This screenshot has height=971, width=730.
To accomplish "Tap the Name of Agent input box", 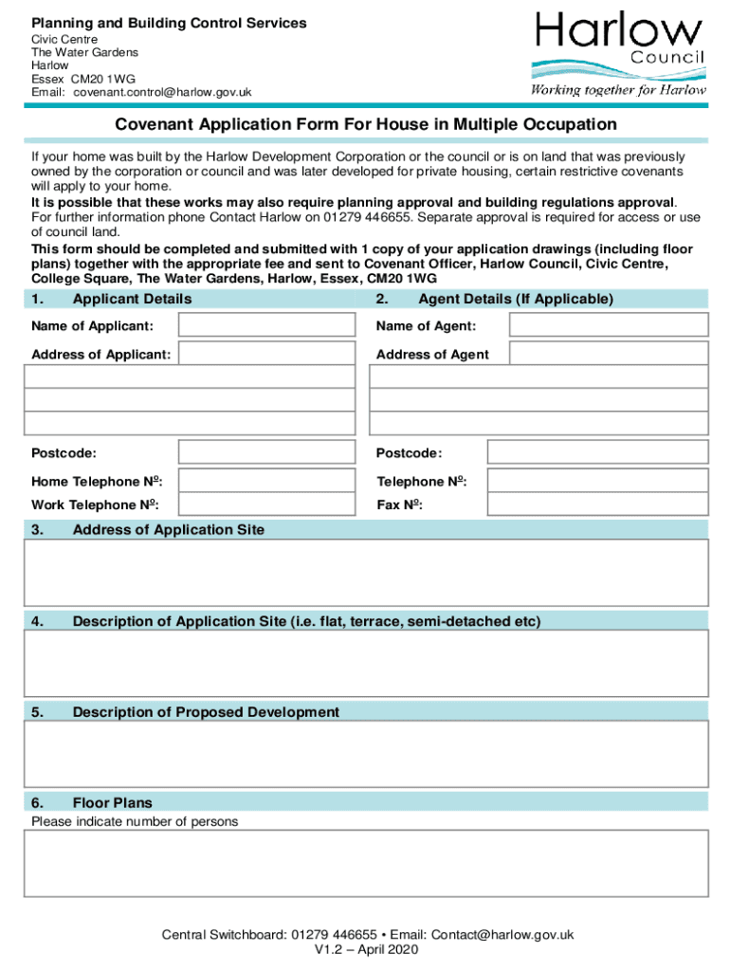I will pyautogui.click(x=608, y=325).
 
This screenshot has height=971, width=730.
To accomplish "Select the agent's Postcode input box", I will pyautogui.click(x=597, y=452).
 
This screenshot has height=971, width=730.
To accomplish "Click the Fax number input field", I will pyautogui.click(x=597, y=504).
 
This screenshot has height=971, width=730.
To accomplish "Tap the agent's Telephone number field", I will pyautogui.click(x=597, y=480).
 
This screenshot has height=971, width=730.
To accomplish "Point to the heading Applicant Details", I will pyautogui.click(x=132, y=299).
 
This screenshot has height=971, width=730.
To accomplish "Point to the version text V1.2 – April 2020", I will pyautogui.click(x=366, y=949).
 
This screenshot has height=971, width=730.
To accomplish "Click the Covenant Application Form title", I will pyautogui.click(x=366, y=125).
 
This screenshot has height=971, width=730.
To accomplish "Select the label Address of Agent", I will pyautogui.click(x=432, y=354).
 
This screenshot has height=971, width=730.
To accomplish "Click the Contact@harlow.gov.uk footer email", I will pyautogui.click(x=501, y=934).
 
